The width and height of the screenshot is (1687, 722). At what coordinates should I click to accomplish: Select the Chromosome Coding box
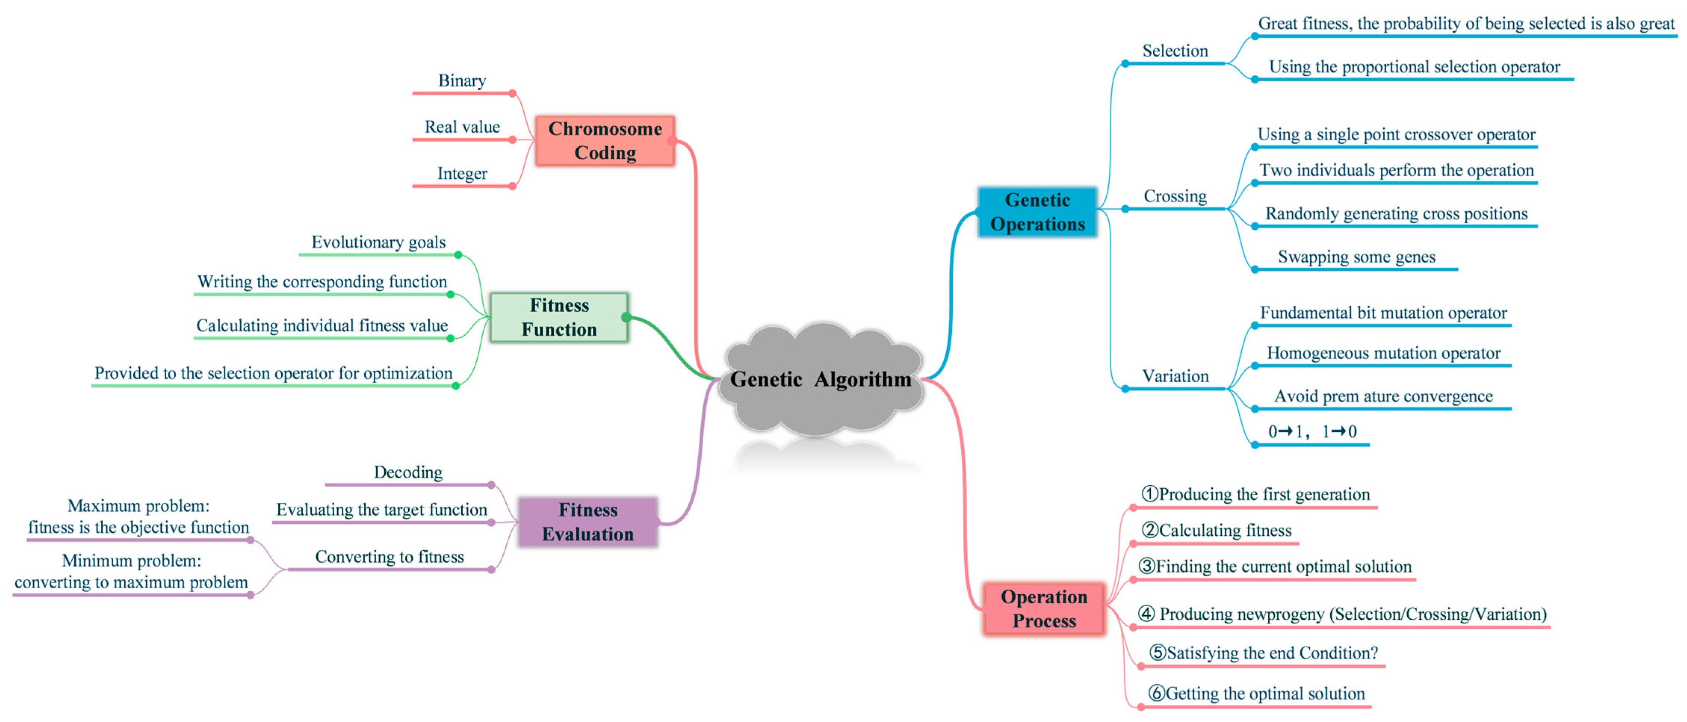click(x=604, y=141)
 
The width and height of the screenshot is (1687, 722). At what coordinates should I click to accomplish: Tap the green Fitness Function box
click(x=559, y=317)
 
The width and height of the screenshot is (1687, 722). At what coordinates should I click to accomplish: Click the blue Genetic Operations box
click(x=1038, y=212)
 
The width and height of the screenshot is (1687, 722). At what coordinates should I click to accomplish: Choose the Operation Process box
click(x=1044, y=609)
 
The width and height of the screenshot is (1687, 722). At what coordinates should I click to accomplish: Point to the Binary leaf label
click(x=462, y=81)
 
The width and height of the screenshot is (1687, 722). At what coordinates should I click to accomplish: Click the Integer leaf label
click(x=462, y=174)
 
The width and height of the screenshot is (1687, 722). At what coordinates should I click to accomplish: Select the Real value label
click(x=462, y=127)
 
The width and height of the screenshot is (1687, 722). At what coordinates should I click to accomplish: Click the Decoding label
click(x=407, y=472)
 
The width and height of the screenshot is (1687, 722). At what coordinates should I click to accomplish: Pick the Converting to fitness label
click(x=389, y=556)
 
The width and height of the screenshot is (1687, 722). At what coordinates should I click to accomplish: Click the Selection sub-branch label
click(x=1175, y=51)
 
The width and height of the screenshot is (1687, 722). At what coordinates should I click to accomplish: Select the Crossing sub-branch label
click(x=1175, y=196)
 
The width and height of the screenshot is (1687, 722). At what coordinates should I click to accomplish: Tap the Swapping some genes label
click(x=1356, y=256)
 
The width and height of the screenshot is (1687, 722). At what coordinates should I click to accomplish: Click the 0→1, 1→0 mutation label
click(x=1312, y=431)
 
